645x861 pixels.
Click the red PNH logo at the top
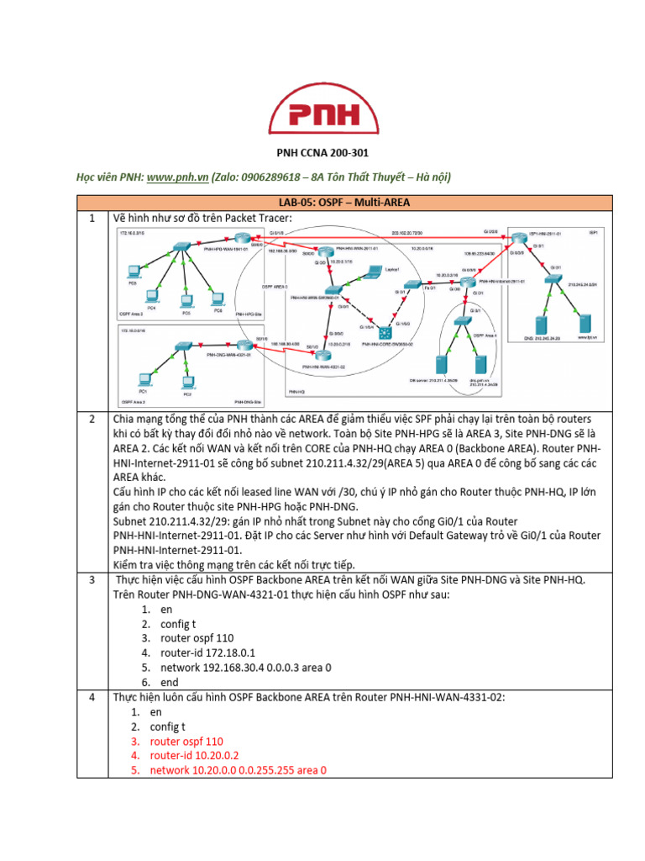[x=322, y=114]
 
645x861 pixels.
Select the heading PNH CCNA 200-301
[x=322, y=153]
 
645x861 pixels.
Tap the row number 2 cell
[x=94, y=419]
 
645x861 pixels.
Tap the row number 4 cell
[x=94, y=697]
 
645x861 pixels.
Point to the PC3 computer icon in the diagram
[x=186, y=300]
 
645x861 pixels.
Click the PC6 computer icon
[x=218, y=298]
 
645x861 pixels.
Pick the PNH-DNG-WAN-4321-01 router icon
[x=179, y=346]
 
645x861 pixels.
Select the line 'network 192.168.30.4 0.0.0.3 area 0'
[x=240, y=668]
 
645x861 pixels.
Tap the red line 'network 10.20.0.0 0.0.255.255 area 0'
[x=238, y=770]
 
